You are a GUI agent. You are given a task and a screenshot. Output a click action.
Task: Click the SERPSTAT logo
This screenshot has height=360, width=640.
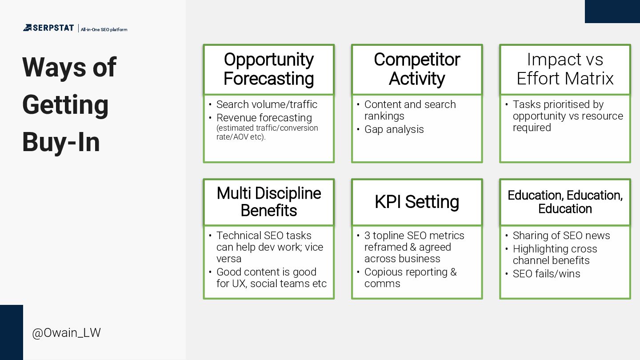pyautogui.click(x=48, y=28)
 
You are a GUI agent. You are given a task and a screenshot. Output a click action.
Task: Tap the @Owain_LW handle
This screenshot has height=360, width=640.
pyautogui.click(x=66, y=333)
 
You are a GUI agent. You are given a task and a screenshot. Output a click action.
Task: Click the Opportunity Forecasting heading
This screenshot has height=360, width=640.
pyautogui.click(x=268, y=69)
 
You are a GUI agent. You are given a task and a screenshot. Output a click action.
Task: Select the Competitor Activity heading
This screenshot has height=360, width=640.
pyautogui.click(x=416, y=69)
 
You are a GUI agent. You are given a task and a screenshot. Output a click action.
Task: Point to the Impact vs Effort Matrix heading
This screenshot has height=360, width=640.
pyautogui.click(x=565, y=69)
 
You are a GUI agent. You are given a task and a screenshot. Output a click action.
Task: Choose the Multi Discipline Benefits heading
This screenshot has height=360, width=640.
pyautogui.click(x=268, y=202)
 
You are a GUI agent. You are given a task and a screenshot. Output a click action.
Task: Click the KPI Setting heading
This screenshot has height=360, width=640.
pyautogui.click(x=416, y=202)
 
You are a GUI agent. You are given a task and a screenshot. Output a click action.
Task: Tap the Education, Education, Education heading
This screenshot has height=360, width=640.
pyautogui.click(x=565, y=202)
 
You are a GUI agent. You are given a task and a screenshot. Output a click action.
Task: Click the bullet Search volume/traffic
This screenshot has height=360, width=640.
pyautogui.click(x=267, y=104)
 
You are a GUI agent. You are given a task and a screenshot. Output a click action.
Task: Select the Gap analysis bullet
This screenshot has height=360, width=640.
pyautogui.click(x=394, y=129)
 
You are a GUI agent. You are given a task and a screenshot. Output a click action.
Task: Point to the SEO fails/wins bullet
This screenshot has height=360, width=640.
pyautogui.click(x=546, y=274)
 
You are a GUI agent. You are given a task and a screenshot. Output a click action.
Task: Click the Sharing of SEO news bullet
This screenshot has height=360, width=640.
pyautogui.click(x=561, y=236)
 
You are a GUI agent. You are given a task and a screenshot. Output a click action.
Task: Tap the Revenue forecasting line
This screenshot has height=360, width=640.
pyautogui.click(x=264, y=118)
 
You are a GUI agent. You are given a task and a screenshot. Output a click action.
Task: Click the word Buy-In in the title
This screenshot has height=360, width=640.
pyautogui.click(x=61, y=142)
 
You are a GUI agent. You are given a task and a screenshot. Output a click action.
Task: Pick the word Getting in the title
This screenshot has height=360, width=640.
pyautogui.click(x=65, y=105)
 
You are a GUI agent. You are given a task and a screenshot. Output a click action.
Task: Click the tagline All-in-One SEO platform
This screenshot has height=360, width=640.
pyautogui.click(x=104, y=30)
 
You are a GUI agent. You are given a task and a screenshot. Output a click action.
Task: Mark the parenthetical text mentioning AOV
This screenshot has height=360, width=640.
pyautogui.click(x=267, y=132)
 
